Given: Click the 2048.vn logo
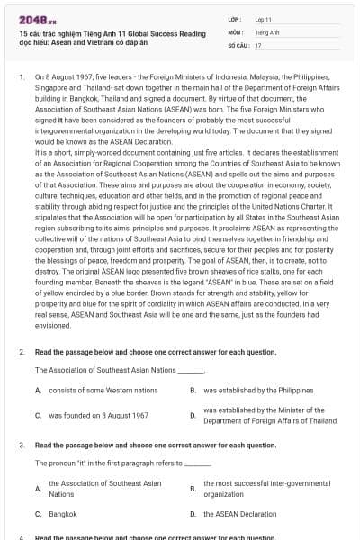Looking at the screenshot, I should (x=32, y=20).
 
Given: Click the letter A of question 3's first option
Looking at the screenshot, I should (x=38, y=489).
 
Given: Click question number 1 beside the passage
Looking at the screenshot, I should (x=21, y=78).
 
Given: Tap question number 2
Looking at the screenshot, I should (x=21, y=352).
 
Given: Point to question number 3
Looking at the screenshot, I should (x=21, y=445).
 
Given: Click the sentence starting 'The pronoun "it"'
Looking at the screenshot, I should (x=112, y=463).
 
